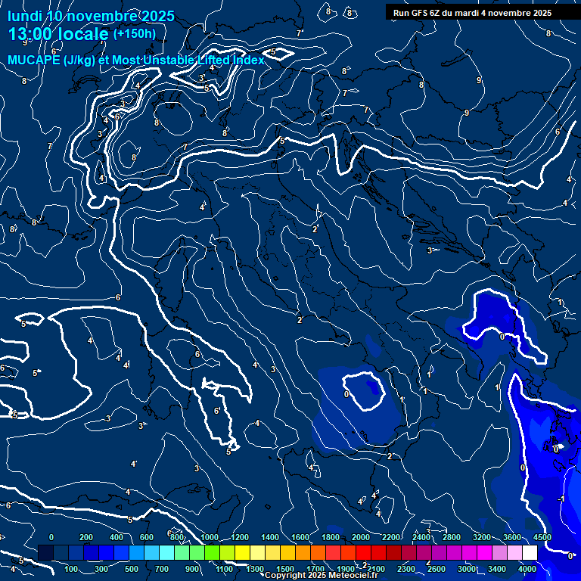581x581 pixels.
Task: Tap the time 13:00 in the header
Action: (32, 35)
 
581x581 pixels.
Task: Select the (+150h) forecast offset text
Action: (134, 33)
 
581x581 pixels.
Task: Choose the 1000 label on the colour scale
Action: (210, 537)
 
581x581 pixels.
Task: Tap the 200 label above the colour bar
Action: (85, 537)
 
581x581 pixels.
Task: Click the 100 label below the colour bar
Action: (72, 569)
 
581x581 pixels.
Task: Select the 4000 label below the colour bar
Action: (528, 569)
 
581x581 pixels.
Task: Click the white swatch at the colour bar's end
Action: (529, 553)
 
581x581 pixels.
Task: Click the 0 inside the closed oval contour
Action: (346, 394)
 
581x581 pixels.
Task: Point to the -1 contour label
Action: (561, 500)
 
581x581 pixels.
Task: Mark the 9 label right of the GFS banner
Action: (478, 80)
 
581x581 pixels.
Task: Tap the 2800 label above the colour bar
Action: (452, 537)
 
